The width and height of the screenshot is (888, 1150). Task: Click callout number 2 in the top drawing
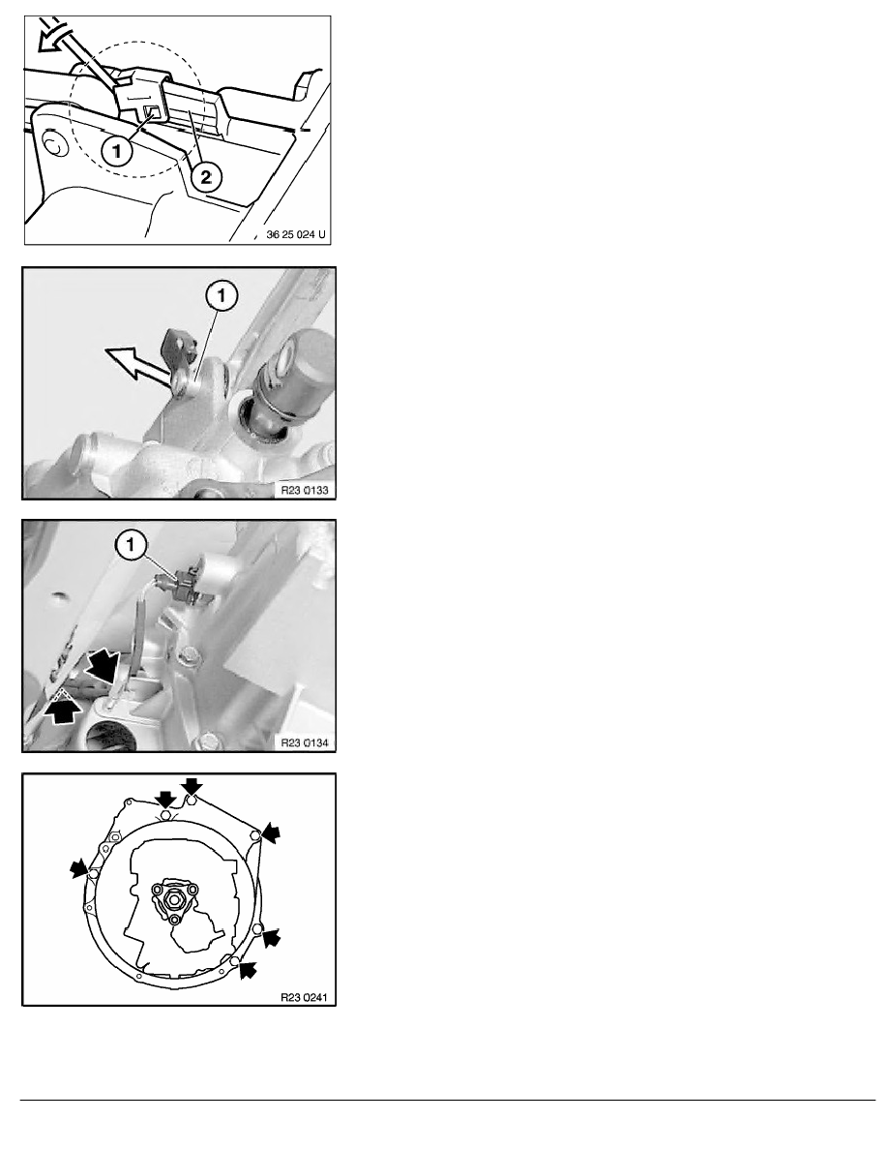click(206, 177)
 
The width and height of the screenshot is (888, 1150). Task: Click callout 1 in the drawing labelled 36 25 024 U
click(116, 152)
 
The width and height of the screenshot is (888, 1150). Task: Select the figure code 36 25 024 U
click(296, 234)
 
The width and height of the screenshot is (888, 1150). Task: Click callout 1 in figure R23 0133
click(222, 297)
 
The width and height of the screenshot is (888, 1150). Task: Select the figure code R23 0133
click(305, 490)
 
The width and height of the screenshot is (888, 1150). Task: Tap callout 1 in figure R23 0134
click(132, 545)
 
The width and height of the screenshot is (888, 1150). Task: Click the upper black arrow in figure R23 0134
click(102, 667)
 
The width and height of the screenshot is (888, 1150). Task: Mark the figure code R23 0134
click(305, 743)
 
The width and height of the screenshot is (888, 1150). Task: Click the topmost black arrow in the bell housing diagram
click(192, 786)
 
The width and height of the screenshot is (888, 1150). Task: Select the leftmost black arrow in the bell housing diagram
click(78, 870)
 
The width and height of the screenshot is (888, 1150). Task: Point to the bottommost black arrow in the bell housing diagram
click(249, 970)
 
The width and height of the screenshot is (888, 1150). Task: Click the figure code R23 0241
click(305, 997)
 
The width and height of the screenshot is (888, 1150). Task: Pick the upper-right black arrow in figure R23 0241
click(272, 832)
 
